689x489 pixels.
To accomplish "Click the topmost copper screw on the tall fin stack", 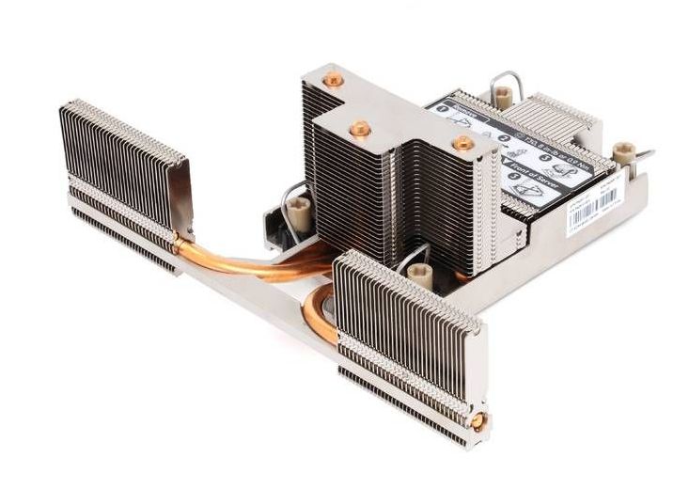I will point(331,82).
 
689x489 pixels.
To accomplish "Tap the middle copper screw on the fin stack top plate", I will point(358,127).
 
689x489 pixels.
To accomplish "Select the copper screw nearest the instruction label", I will point(462,143).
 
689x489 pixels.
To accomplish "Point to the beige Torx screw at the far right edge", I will point(622,151).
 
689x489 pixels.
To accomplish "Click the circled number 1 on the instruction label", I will point(442,111).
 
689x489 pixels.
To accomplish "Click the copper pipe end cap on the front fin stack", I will point(478,420).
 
